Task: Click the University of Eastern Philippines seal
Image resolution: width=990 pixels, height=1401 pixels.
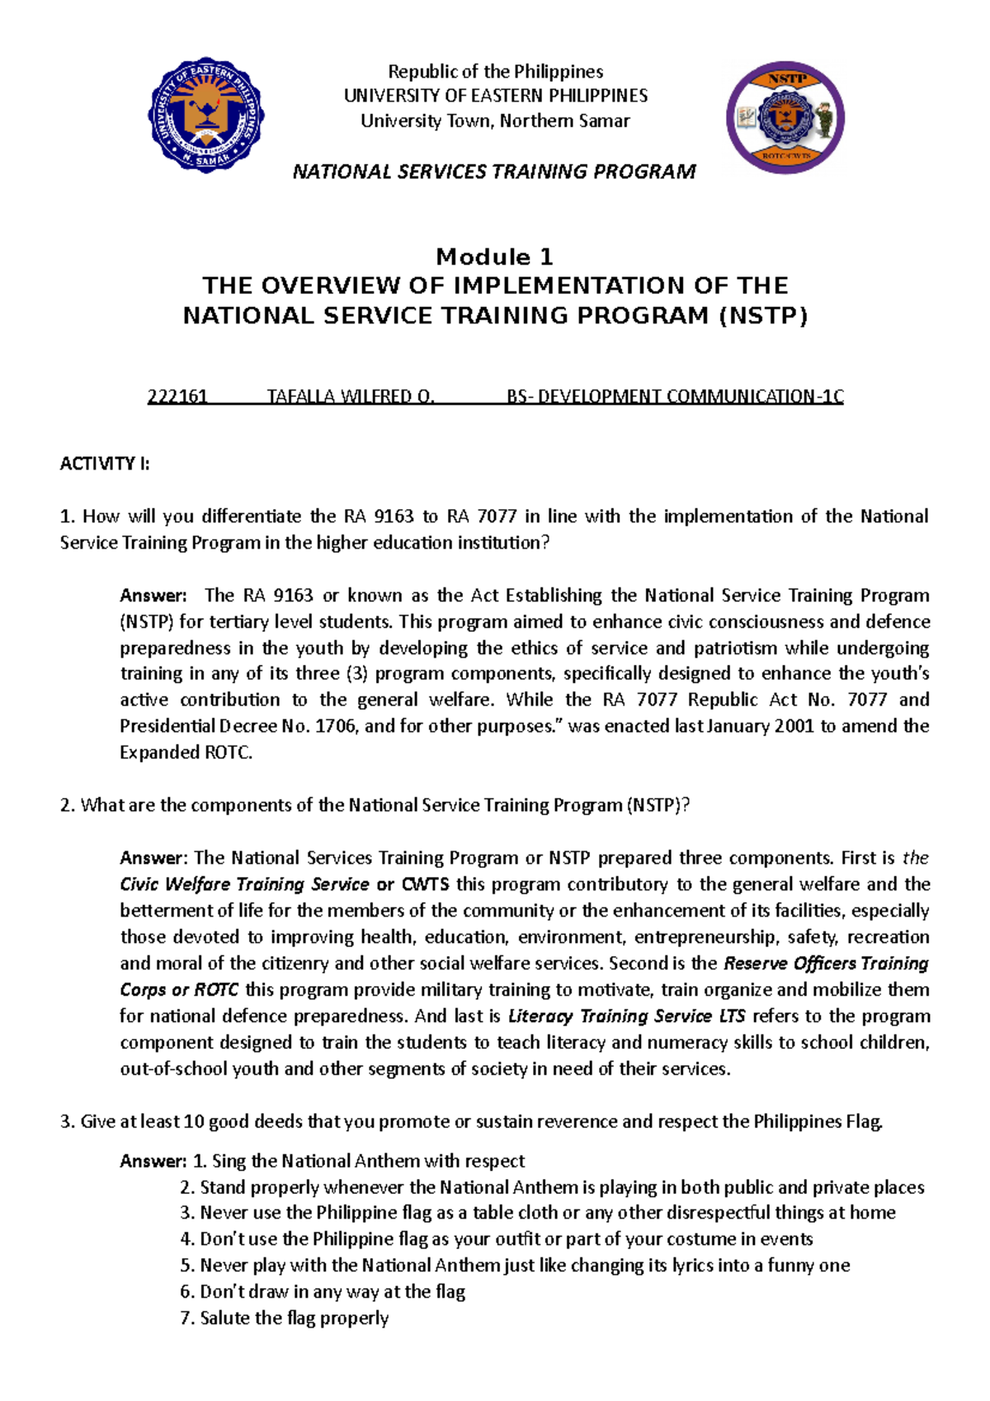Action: (x=206, y=115)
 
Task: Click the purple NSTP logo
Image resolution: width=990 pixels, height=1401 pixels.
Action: (x=785, y=116)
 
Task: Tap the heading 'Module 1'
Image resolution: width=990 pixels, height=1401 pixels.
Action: (x=494, y=257)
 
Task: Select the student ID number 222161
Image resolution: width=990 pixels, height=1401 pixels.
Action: (x=177, y=397)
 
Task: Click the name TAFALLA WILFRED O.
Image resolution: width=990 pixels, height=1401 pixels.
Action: (x=351, y=397)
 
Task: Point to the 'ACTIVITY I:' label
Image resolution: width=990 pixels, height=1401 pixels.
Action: (x=105, y=464)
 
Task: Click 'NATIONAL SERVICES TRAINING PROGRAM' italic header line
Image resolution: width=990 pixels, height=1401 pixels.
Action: (x=494, y=172)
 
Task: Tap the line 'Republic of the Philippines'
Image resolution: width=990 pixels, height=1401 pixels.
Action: (x=495, y=72)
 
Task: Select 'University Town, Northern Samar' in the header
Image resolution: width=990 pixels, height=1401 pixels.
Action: (x=495, y=121)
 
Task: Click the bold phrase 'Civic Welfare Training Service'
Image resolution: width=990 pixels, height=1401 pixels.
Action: (x=244, y=884)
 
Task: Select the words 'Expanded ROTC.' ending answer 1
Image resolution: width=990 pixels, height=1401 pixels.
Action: (x=186, y=752)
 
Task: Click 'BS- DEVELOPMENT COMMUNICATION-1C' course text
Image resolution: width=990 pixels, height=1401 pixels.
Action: (x=675, y=397)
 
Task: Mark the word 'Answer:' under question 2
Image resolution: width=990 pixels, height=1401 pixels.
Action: (x=154, y=858)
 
